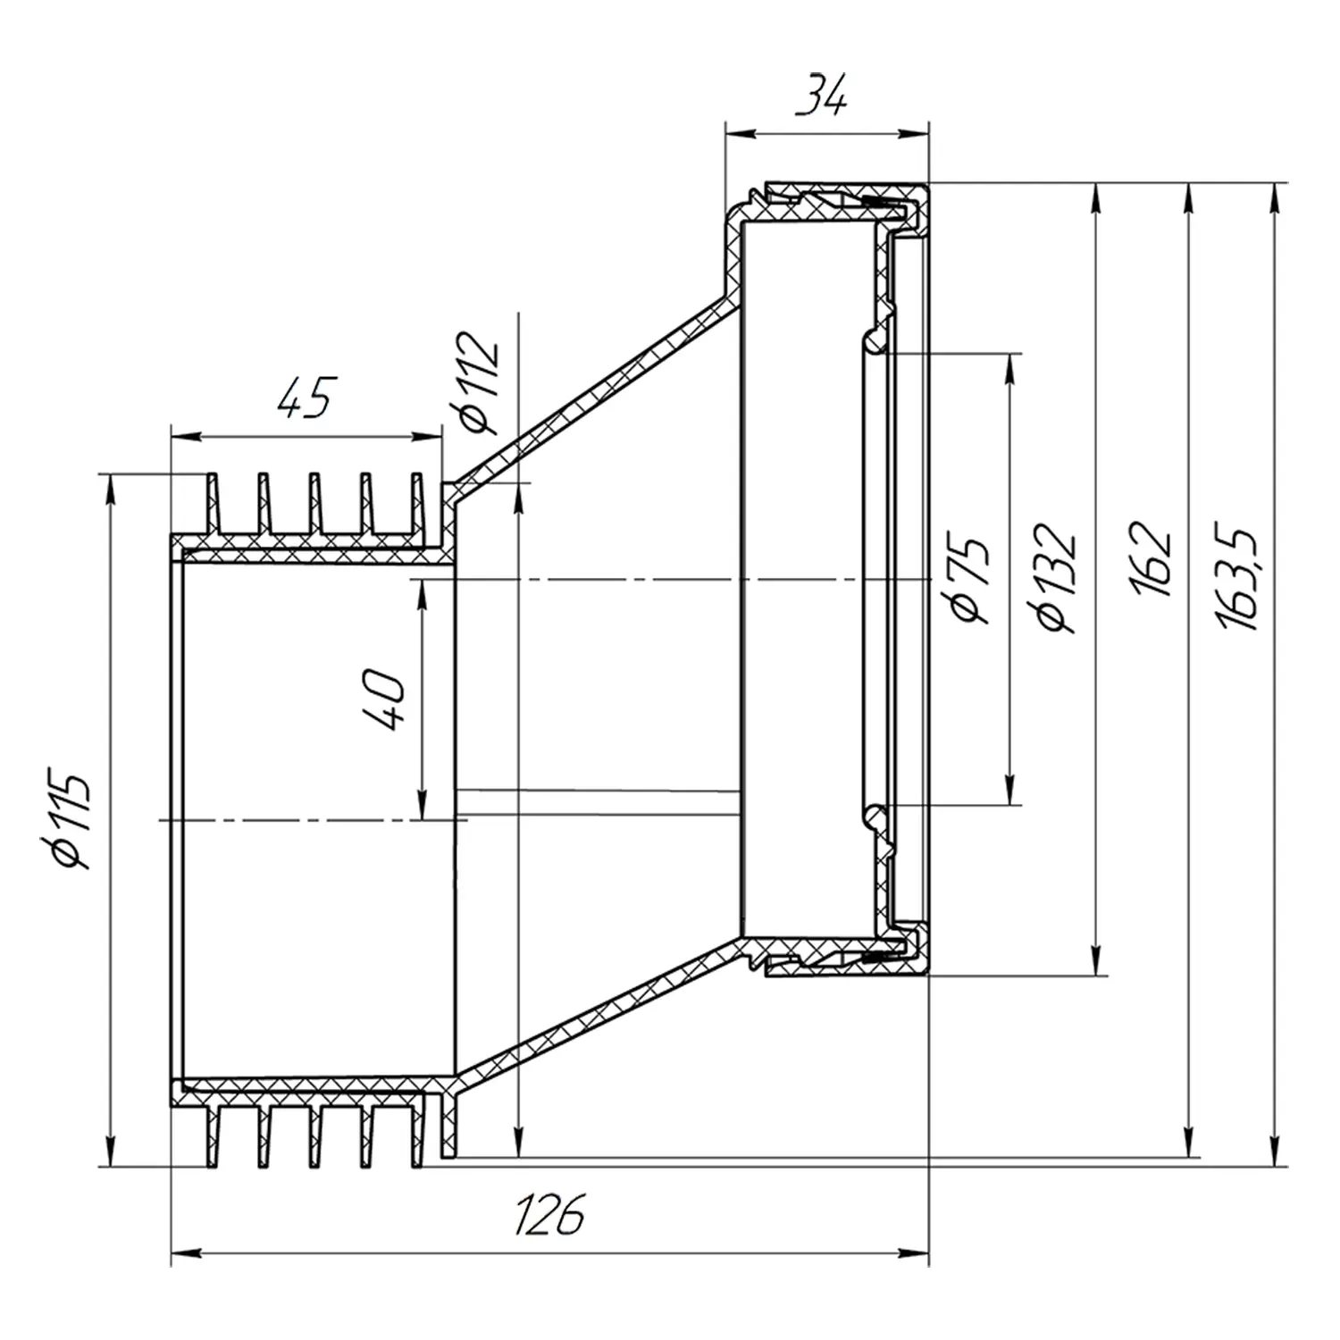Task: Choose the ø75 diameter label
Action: pyautogui.click(x=970, y=579)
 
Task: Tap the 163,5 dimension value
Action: pyautogui.click(x=1238, y=578)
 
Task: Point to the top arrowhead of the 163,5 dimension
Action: pyautogui.click(x=1274, y=197)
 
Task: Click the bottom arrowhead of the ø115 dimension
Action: pyautogui.click(x=110, y=1152)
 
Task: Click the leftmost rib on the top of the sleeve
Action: pyautogui.click(x=213, y=505)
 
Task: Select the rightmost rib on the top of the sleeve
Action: pyautogui.click(x=415, y=505)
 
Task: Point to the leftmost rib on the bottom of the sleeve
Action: pyautogui.click(x=213, y=1137)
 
